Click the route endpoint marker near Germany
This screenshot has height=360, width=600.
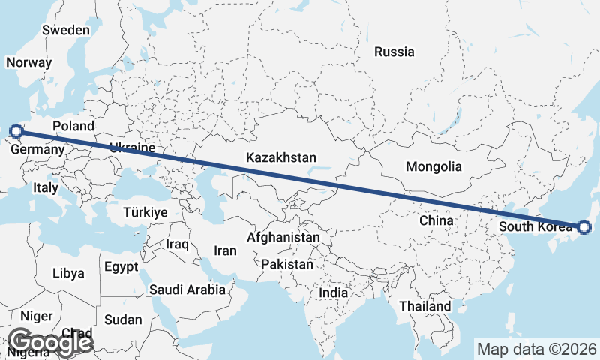coord(16,133)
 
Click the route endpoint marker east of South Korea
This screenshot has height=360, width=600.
coord(585,226)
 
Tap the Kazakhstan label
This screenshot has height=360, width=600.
coord(281,158)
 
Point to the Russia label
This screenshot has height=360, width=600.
coord(394,52)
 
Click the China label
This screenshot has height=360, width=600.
coord(436,221)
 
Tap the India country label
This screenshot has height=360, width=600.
coord(334,292)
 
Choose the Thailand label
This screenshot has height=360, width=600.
coord(425,306)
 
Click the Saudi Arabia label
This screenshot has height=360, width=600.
coord(187,289)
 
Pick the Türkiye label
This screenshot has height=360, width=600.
coord(145,212)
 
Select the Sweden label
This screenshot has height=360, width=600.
coord(66,31)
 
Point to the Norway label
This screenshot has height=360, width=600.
coord(28,63)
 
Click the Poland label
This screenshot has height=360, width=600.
coord(73,126)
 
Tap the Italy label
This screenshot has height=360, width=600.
coord(45,189)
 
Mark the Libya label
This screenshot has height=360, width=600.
coord(68,273)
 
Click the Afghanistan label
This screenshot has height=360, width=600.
coord(283,238)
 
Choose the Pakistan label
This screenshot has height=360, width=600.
coord(287,264)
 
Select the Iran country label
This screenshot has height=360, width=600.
coord(226,250)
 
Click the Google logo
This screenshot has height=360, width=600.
coord(50,342)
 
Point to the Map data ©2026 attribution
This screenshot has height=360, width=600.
coord(537,349)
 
